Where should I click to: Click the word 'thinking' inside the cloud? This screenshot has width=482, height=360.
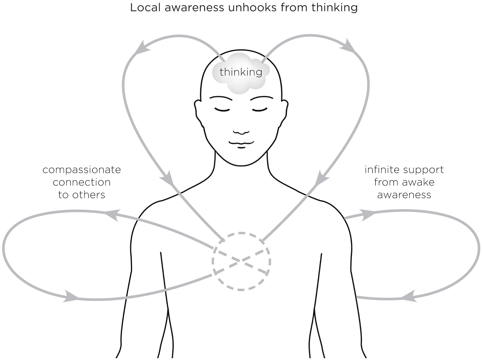[x=241, y=72]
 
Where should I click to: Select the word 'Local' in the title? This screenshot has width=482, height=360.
[x=145, y=7]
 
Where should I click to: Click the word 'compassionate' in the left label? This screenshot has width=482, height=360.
[x=82, y=170]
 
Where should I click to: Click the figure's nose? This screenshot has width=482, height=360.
[x=241, y=131]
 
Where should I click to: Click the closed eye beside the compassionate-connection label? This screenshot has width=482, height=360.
[x=222, y=109]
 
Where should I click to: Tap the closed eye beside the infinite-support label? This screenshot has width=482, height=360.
[x=260, y=109]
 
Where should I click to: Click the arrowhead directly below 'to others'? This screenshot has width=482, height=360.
[x=70, y=297]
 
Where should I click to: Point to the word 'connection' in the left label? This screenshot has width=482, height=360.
[x=81, y=182]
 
